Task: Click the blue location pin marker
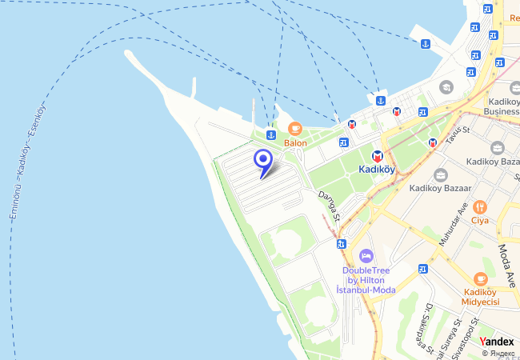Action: coord(262,159)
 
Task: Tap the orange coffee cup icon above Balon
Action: coord(294,128)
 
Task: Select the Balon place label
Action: coord(294,143)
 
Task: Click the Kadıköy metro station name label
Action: coord(377,170)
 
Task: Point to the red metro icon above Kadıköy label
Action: coord(377,155)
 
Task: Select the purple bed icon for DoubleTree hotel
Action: coord(366,255)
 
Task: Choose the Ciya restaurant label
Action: coord(479,221)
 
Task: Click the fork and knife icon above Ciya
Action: coord(479,206)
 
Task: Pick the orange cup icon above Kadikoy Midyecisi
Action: coord(480,278)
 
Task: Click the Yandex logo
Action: coord(497,342)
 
